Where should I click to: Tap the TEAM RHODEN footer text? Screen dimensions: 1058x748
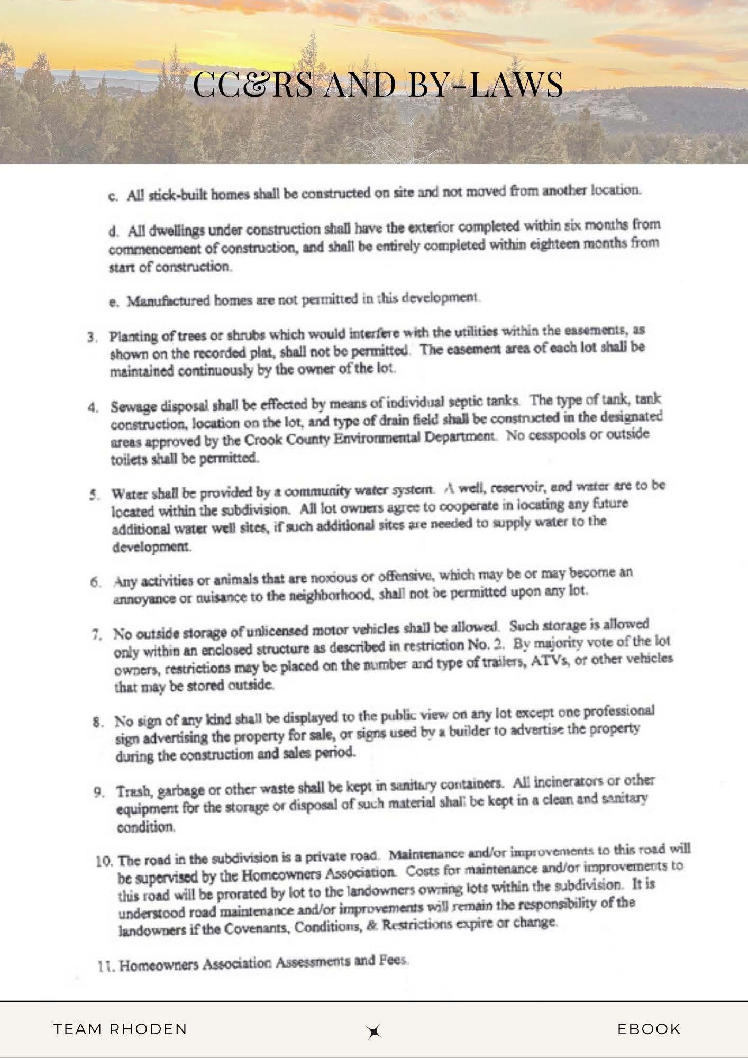pyautogui.click(x=121, y=1029)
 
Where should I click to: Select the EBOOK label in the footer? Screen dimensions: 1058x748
pyautogui.click(x=649, y=1029)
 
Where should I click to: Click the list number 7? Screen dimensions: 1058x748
pyautogui.click(x=96, y=634)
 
